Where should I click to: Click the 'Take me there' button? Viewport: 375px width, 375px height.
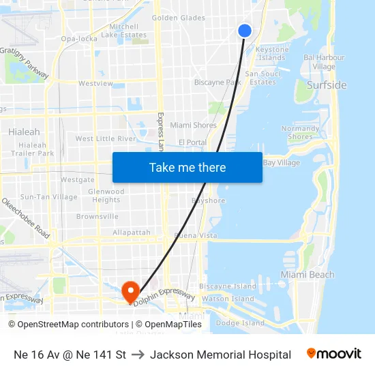pos(187,167)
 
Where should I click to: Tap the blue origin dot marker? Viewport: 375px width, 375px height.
pos(245,30)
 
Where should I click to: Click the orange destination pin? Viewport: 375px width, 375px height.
pos(130,292)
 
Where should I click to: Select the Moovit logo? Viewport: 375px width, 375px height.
pos(334,354)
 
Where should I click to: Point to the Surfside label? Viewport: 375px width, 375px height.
pos(327,85)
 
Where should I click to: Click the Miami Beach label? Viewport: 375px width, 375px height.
pos(307,275)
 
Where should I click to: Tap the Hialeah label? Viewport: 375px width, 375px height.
pos(24,132)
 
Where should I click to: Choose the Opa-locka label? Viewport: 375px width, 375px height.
pos(78,39)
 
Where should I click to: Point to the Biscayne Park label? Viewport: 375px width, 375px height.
pos(217,82)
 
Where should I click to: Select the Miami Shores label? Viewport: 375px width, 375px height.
pos(193,125)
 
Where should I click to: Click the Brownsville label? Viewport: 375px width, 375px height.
pos(97,217)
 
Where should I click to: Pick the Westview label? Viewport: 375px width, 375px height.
pos(95,83)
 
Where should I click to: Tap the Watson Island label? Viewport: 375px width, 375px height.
pos(228,299)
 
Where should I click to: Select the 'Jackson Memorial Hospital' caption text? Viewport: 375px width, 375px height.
pos(220,355)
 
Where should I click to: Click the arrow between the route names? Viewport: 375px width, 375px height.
pos(138,355)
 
